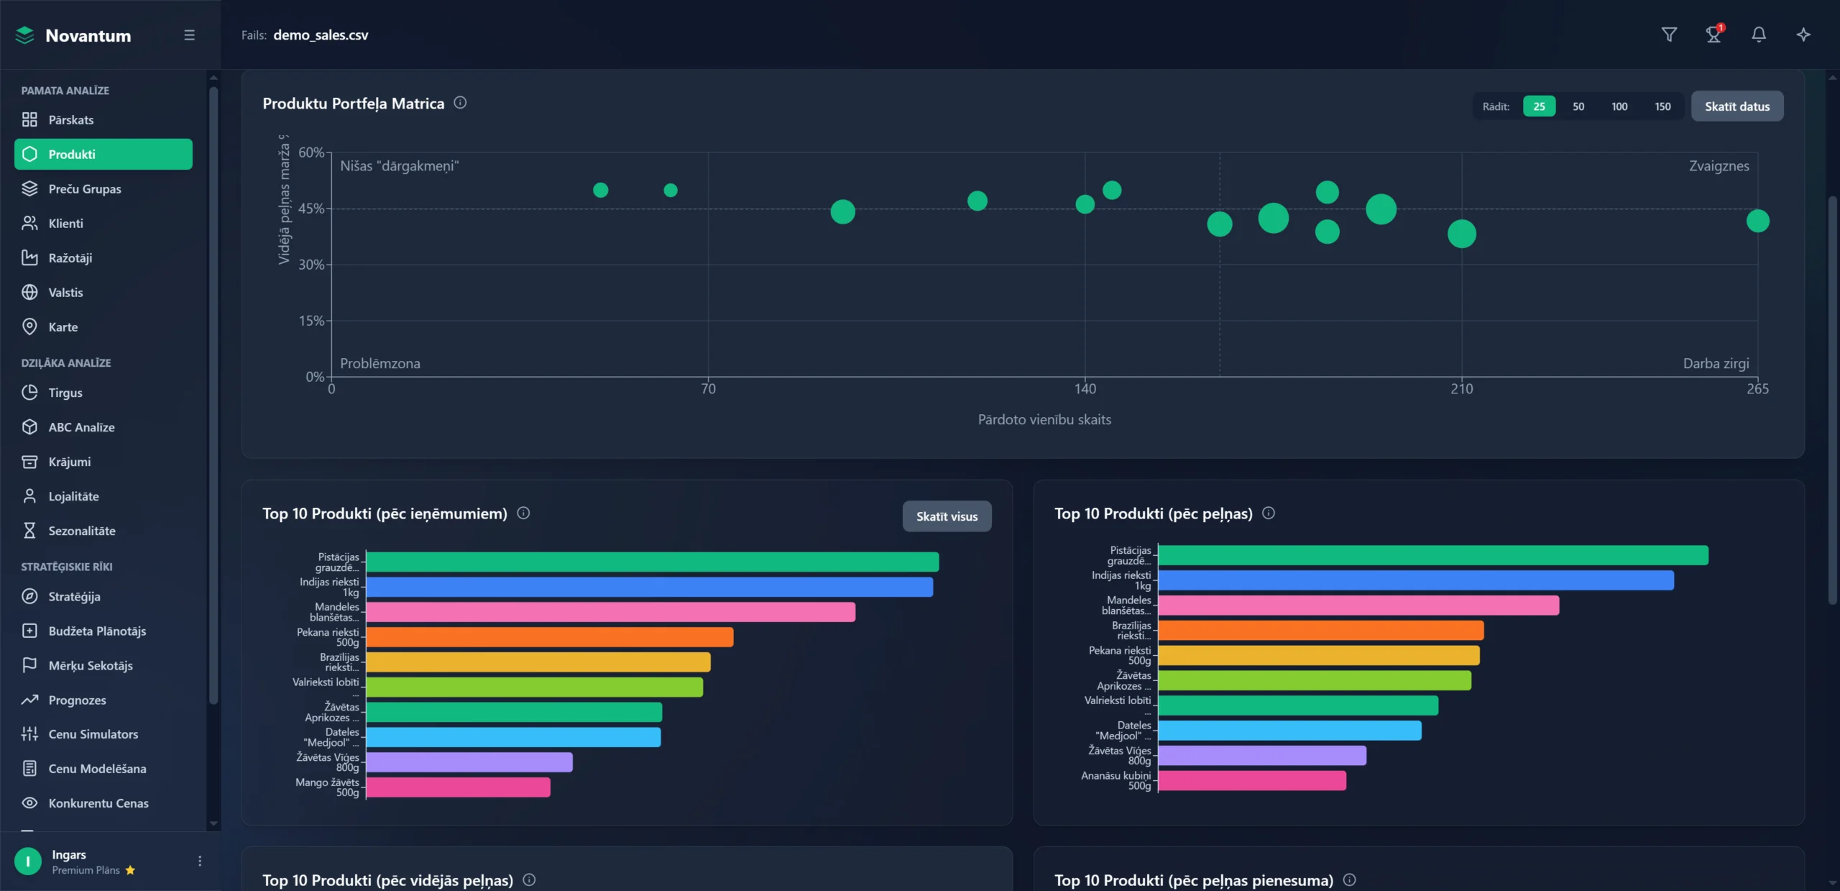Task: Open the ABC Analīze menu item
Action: tap(81, 427)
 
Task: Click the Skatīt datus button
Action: tap(1736, 106)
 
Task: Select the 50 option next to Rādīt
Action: tap(1578, 106)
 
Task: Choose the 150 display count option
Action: tap(1662, 106)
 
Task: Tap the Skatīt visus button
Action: tap(947, 516)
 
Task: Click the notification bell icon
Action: tap(1758, 35)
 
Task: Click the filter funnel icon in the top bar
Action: tap(1669, 35)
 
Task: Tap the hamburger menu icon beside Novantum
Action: tap(189, 35)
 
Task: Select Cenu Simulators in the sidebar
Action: tap(93, 734)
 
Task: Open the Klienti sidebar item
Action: tap(65, 224)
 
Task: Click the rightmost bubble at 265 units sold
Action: tap(1757, 221)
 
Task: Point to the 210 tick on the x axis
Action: tap(1461, 389)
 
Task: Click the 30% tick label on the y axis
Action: tap(311, 265)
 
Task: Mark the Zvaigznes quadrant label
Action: tap(1719, 166)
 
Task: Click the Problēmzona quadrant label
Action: tap(379, 364)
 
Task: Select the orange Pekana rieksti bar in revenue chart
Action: tap(550, 637)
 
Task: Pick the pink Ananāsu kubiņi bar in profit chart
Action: tap(1251, 781)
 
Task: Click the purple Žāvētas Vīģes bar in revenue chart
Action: tap(469, 762)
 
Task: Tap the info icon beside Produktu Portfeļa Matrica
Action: tap(460, 103)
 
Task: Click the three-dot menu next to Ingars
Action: tap(200, 861)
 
